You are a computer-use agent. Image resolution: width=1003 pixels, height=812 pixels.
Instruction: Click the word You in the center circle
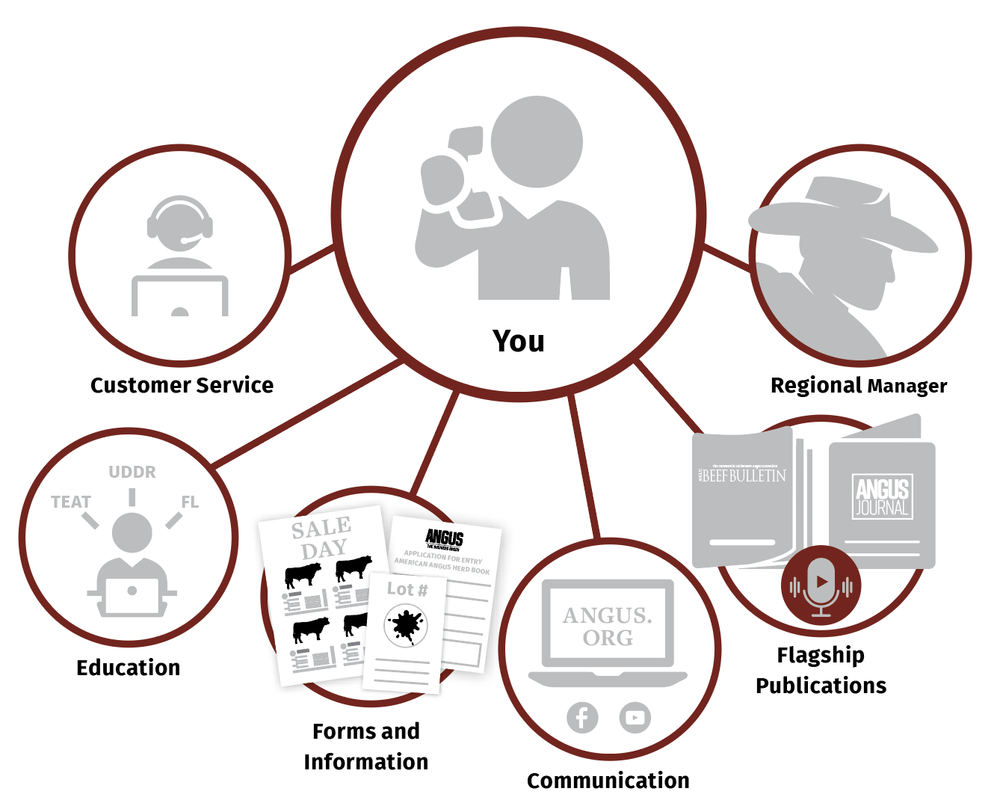pyautogui.click(x=518, y=341)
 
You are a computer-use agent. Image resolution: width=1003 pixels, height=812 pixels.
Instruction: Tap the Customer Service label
pyautogui.click(x=182, y=385)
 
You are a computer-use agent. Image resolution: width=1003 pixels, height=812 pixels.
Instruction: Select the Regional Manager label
pyautogui.click(x=858, y=385)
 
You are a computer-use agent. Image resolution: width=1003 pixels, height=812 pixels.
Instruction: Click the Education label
pyautogui.click(x=129, y=668)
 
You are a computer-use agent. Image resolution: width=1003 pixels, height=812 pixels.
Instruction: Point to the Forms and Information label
pyautogui.click(x=366, y=746)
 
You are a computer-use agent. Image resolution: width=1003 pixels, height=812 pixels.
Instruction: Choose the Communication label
pyautogui.click(x=608, y=781)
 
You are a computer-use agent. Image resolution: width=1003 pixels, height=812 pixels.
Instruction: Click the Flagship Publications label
pyautogui.click(x=821, y=670)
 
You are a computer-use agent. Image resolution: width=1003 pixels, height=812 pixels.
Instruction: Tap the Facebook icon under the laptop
pyautogui.click(x=582, y=718)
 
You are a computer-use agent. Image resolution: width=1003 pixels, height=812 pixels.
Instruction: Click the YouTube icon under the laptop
pyautogui.click(x=635, y=718)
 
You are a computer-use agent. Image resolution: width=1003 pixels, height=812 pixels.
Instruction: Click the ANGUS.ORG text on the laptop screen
pyautogui.click(x=608, y=626)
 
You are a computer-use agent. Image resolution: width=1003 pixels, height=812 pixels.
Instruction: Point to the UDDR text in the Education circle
pyautogui.click(x=132, y=473)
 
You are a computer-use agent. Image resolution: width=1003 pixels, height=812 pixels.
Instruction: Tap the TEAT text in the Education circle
pyautogui.click(x=71, y=502)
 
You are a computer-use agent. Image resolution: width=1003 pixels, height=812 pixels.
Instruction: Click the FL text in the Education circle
pyautogui.click(x=190, y=502)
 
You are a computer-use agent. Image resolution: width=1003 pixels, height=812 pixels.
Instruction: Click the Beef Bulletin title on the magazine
pyautogui.click(x=743, y=476)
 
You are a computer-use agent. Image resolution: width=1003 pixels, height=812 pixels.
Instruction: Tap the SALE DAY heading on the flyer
pyautogui.click(x=322, y=538)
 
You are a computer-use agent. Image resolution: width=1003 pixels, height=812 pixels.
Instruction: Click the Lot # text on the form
pyautogui.click(x=407, y=589)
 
